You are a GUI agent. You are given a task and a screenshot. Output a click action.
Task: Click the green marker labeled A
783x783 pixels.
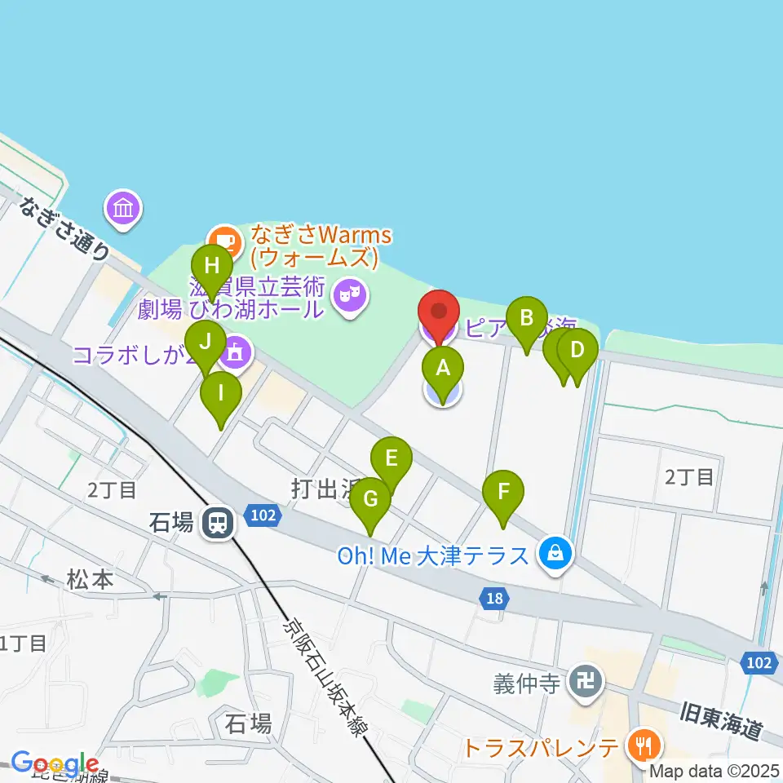(x=443, y=368)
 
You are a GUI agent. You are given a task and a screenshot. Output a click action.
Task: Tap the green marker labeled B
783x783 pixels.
(x=526, y=318)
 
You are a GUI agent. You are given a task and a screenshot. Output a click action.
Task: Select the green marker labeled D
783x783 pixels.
(x=577, y=350)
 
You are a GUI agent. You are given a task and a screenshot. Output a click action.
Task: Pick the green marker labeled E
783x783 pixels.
(x=391, y=458)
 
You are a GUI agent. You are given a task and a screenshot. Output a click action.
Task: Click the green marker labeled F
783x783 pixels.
(x=504, y=492)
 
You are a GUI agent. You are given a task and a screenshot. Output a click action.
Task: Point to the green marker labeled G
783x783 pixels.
(x=370, y=498)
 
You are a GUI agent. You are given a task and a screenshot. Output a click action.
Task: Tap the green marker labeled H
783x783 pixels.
(x=212, y=267)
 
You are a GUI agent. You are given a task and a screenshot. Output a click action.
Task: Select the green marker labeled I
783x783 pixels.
(x=221, y=392)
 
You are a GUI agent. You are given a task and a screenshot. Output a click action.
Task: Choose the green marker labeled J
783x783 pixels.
(x=204, y=342)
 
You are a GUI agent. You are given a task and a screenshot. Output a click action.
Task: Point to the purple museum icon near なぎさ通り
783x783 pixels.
(x=124, y=208)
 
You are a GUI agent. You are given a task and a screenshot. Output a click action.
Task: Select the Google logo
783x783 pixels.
(x=54, y=763)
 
